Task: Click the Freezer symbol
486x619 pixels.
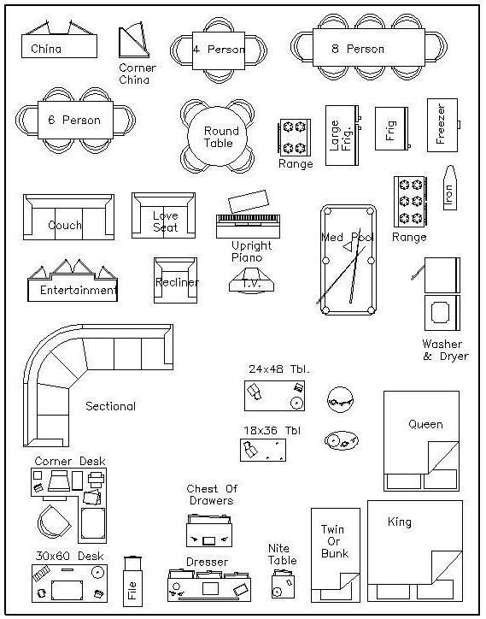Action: (x=443, y=125)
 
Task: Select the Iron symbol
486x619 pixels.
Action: (x=450, y=188)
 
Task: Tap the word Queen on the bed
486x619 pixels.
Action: (x=425, y=424)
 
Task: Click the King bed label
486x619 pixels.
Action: (x=399, y=522)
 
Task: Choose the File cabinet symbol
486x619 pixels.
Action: (x=132, y=581)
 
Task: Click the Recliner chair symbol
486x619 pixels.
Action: (x=176, y=280)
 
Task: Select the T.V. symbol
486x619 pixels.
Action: (x=251, y=280)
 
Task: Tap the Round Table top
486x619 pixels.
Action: (x=217, y=137)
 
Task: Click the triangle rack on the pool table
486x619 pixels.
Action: (x=348, y=247)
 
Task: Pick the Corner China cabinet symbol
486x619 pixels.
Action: (x=134, y=41)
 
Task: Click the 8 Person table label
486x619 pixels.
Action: (x=358, y=49)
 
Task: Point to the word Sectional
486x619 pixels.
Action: (x=110, y=406)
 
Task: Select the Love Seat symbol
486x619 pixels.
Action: (x=163, y=215)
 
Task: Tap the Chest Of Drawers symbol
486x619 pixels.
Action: (x=209, y=531)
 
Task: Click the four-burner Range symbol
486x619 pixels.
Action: (x=295, y=138)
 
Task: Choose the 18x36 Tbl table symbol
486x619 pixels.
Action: (x=263, y=450)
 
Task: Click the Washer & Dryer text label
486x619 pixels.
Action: (x=445, y=351)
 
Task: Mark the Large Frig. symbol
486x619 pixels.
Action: (x=343, y=135)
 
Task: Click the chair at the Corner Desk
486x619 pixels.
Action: (x=55, y=522)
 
